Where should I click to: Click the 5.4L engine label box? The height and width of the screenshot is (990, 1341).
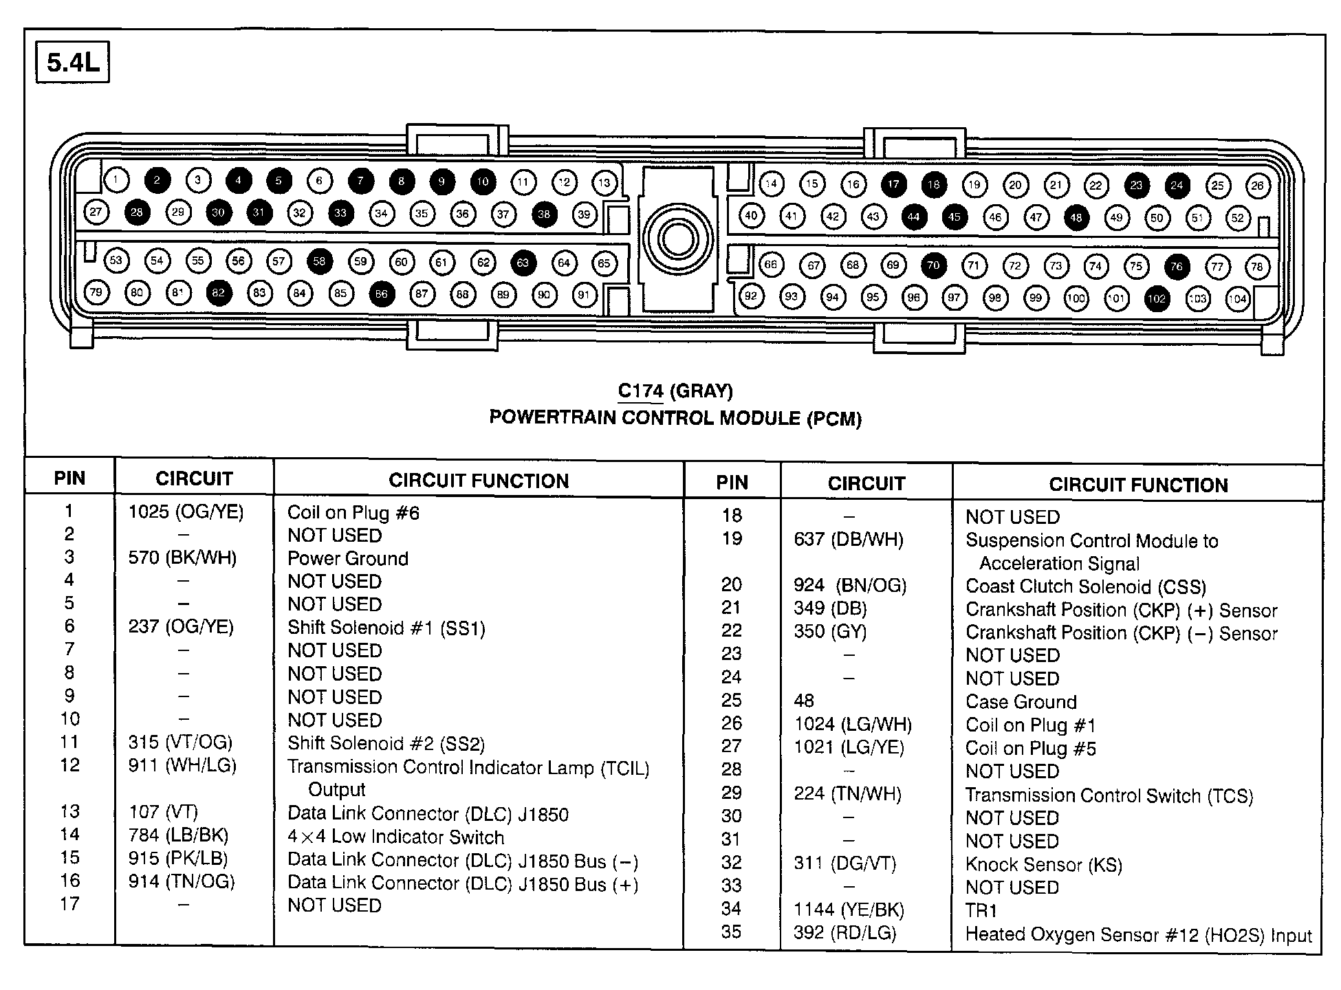72,63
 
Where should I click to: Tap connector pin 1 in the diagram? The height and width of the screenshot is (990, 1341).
116,181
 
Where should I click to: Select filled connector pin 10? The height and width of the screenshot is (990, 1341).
483,181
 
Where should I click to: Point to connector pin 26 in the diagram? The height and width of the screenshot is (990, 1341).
1258,185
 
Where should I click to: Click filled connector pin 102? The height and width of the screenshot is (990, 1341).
1157,298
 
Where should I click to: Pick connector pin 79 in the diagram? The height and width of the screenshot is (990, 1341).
96,292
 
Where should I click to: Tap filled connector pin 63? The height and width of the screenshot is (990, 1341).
523,263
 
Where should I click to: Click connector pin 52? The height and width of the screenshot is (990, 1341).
1238,218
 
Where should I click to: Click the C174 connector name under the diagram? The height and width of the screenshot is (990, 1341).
640,391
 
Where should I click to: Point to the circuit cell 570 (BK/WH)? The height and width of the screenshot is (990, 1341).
182,558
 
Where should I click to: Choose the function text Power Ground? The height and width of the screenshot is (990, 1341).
348,558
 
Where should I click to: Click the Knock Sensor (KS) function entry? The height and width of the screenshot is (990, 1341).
1044,864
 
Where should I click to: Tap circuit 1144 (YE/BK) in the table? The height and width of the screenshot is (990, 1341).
849,910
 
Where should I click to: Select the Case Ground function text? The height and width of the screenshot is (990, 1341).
1021,702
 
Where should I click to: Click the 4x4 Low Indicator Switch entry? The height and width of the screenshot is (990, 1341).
396,837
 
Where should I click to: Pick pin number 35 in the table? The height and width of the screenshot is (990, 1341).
731,932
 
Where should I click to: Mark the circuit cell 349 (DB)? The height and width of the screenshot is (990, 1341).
830,608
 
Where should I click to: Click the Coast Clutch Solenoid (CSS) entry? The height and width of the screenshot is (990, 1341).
1086,586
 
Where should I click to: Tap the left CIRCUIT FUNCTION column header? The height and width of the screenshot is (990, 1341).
479,481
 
